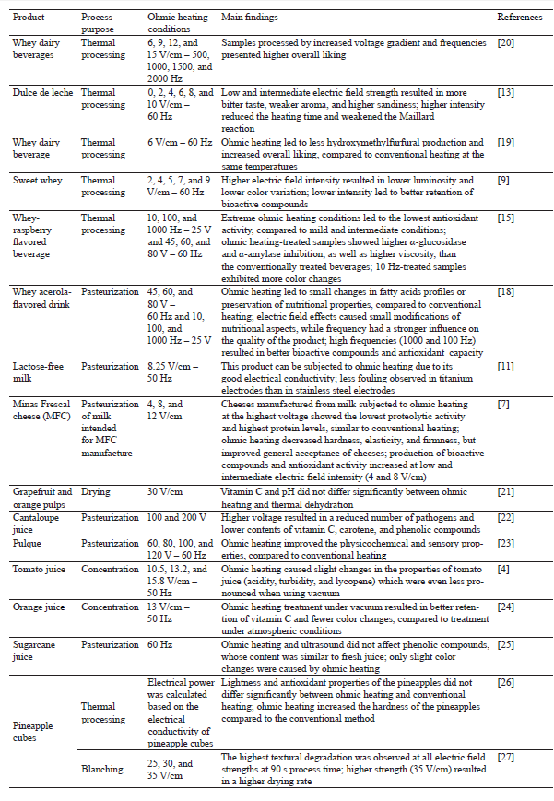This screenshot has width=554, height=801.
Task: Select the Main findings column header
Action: tap(250, 18)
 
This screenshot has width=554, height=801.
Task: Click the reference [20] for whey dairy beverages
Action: tap(506, 43)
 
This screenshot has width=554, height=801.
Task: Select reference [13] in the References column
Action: tap(506, 93)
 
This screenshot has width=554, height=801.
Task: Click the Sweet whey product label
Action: tap(37, 181)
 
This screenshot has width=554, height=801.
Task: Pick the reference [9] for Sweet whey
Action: tap(503, 181)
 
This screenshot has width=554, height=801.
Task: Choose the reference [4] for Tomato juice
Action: tap(503, 570)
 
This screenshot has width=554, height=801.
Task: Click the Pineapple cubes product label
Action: tap(32, 732)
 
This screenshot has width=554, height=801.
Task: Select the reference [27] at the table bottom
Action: tap(506, 758)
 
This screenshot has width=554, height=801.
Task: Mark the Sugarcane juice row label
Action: tap(35, 646)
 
